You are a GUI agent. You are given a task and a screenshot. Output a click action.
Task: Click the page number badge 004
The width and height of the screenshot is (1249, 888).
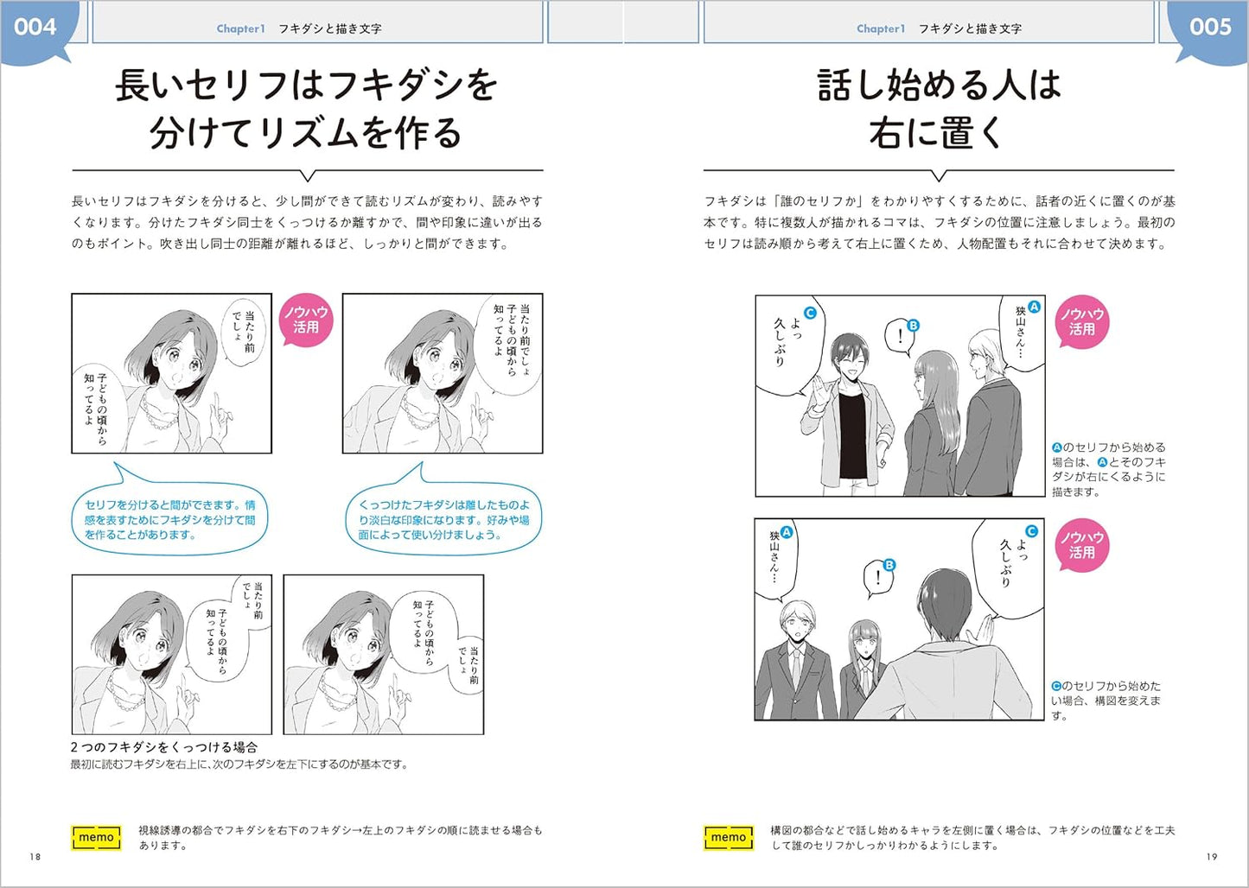[x=35, y=28]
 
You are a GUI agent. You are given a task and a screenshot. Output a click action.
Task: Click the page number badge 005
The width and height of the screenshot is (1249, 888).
[x=1209, y=28]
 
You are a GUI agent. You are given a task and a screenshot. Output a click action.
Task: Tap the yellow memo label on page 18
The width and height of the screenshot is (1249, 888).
[x=96, y=837]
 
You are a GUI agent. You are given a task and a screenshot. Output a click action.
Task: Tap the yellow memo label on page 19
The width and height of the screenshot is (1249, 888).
[x=728, y=837]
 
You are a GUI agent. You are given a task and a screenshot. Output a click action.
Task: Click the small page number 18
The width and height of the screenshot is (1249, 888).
[x=35, y=857]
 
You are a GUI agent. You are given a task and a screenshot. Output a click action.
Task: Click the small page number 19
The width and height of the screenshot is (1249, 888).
[x=1212, y=857]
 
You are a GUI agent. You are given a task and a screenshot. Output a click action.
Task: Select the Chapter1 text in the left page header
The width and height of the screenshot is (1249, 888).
[x=240, y=29]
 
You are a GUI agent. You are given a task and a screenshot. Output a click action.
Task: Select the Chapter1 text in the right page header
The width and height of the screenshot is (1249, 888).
[x=881, y=29]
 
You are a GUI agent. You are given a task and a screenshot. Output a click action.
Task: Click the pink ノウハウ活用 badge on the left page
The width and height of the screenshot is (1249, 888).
[x=306, y=320]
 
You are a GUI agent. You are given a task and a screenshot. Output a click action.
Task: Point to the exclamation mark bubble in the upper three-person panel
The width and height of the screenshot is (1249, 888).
[x=898, y=336]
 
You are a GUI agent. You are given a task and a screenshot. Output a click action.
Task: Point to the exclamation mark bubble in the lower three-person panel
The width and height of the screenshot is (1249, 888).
[x=877, y=577]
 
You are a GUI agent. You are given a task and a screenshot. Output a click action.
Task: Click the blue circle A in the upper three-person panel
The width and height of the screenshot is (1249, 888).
[x=1034, y=307]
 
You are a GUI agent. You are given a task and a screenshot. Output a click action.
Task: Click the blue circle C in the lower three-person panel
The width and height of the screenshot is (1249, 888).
[x=1031, y=531]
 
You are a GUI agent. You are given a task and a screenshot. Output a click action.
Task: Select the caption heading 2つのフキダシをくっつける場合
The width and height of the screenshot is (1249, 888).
[x=164, y=747]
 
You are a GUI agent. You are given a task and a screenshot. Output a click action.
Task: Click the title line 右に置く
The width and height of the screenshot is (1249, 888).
[x=938, y=134]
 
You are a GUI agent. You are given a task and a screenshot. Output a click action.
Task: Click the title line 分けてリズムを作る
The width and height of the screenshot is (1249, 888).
[x=306, y=134]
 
